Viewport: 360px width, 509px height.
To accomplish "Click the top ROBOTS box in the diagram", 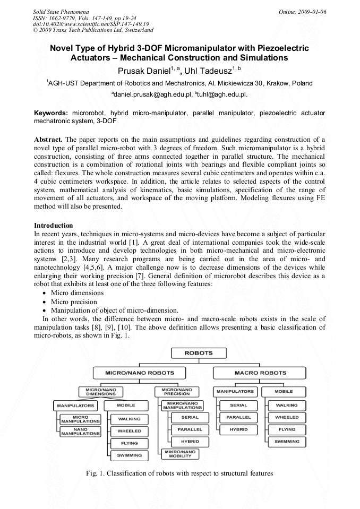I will (x=198, y=353).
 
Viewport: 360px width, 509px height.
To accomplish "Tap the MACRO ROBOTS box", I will (x=260, y=373).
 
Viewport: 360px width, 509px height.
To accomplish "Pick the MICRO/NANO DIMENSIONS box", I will (x=100, y=392).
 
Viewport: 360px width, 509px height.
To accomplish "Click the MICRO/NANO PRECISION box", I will (x=177, y=392).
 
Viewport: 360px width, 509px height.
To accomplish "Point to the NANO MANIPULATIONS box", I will (x=80, y=432).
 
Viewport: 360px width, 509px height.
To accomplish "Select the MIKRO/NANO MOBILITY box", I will (x=180, y=454).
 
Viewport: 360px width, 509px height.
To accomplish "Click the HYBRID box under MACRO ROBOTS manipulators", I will (x=238, y=429).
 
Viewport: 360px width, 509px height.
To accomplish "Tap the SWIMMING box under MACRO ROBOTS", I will (x=287, y=442).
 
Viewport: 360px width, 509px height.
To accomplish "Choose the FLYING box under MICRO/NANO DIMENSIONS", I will (x=129, y=443).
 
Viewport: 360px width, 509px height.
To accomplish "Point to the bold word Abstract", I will (x=49, y=139).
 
